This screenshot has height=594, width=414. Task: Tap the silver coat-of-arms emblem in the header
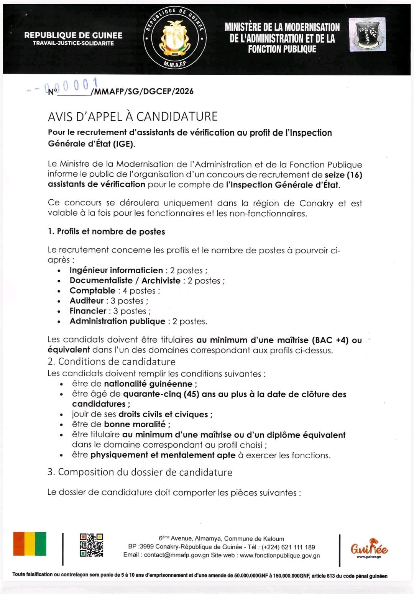click(x=367, y=35)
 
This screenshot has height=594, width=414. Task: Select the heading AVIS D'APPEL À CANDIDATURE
click(x=133, y=117)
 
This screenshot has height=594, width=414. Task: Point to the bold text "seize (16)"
click(x=343, y=175)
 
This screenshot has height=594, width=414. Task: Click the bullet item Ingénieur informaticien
click(x=116, y=270)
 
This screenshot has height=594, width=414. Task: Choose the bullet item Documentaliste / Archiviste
click(x=125, y=281)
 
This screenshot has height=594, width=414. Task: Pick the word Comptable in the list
click(x=92, y=290)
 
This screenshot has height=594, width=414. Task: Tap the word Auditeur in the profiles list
click(x=87, y=301)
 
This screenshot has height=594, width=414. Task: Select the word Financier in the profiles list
click(x=88, y=311)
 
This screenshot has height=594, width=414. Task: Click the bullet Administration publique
click(x=117, y=321)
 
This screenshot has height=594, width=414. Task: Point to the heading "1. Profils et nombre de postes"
click(x=107, y=231)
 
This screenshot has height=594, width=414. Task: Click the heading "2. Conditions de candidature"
click(x=112, y=361)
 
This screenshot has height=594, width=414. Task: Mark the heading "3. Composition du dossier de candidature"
click(x=140, y=472)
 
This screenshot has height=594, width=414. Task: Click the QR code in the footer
click(x=91, y=545)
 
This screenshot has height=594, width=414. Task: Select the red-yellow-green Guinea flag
click(x=30, y=543)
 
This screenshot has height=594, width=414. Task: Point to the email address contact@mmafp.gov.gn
click(x=177, y=555)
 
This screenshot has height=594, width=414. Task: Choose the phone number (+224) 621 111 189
click(x=288, y=547)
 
